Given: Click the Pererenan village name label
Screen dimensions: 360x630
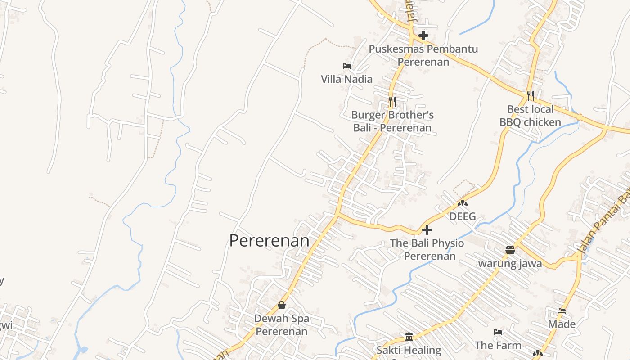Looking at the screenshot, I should tap(269, 241).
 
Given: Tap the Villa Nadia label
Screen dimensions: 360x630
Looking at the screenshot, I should tap(346, 79).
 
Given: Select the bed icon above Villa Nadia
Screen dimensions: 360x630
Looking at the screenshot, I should tap(347, 66).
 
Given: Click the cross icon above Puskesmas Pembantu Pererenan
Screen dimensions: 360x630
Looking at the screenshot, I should tap(423, 36).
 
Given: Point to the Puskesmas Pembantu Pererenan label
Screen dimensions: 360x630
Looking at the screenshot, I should tap(423, 55).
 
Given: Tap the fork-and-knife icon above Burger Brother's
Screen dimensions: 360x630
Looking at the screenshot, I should tap(392, 102).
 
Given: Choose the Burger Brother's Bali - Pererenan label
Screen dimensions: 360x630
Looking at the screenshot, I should tap(392, 121).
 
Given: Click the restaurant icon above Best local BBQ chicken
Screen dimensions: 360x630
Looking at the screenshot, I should tap(531, 95).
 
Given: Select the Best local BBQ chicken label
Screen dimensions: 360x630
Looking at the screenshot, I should tap(530, 116).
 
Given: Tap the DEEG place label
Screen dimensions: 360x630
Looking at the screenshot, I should tap(463, 216).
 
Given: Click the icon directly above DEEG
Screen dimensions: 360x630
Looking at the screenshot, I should tap(463, 203).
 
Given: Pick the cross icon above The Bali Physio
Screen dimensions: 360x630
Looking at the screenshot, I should tap(427, 230).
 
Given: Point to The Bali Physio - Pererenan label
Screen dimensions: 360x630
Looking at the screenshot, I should tap(427, 249).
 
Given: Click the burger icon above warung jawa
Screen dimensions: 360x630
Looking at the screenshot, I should tap(510, 250).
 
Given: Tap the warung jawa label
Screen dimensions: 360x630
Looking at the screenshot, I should tap(510, 263).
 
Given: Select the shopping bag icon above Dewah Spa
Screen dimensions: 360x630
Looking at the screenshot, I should tap(282, 305).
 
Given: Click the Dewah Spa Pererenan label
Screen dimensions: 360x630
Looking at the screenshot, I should tap(282, 325).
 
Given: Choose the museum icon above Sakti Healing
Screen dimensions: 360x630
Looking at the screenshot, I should tap(409, 337).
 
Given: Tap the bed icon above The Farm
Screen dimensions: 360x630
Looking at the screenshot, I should tap(498, 332).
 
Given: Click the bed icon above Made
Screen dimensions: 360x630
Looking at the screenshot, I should tap(562, 311).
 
